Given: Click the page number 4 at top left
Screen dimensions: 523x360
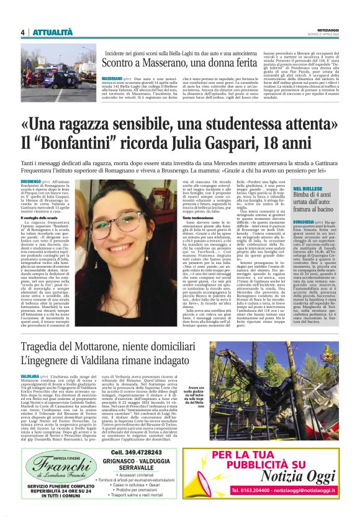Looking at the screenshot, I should point(22,32).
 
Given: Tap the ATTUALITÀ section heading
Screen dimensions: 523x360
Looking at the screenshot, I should point(53,32).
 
